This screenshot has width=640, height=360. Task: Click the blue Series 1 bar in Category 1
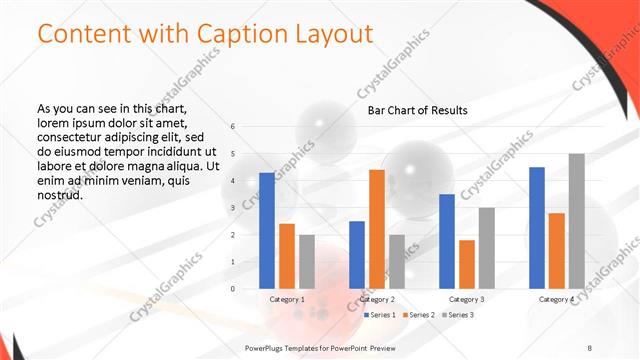point(267,231)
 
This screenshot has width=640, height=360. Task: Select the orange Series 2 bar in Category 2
point(377,229)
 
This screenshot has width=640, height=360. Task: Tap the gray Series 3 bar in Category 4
point(576,221)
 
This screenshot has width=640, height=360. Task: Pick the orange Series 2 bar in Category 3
point(467,264)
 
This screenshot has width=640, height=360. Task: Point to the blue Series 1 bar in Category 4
point(537,228)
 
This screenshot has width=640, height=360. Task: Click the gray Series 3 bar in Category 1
point(306,262)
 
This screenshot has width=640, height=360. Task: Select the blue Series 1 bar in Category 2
point(357,255)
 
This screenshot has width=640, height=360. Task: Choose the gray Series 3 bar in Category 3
point(486,248)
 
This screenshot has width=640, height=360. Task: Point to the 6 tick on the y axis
point(233,127)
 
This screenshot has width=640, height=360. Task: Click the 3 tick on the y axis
point(233,208)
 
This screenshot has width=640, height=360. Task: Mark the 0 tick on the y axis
point(233,289)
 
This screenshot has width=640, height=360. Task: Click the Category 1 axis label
point(287,299)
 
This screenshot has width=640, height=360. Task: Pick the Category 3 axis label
point(467,299)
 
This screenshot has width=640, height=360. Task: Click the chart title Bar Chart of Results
point(418,109)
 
